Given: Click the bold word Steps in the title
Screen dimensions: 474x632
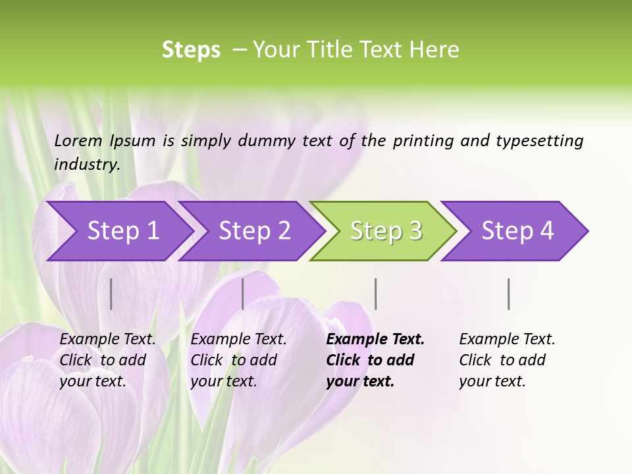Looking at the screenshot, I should [191, 50].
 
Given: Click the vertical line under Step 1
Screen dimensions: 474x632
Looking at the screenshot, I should [111, 294].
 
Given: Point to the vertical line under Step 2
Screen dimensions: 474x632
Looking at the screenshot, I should [243, 294].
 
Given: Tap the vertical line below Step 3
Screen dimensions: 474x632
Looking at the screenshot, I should [375, 294].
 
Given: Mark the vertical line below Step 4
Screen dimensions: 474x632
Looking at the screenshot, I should [508, 294].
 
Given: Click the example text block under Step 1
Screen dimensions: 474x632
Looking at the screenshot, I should [107, 360].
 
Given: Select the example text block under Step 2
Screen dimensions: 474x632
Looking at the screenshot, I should [238, 360].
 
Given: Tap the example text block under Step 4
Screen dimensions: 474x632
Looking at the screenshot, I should [507, 360].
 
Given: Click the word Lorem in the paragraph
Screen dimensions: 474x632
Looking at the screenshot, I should [78, 141].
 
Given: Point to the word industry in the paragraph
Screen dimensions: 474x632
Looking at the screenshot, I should [87, 165].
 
